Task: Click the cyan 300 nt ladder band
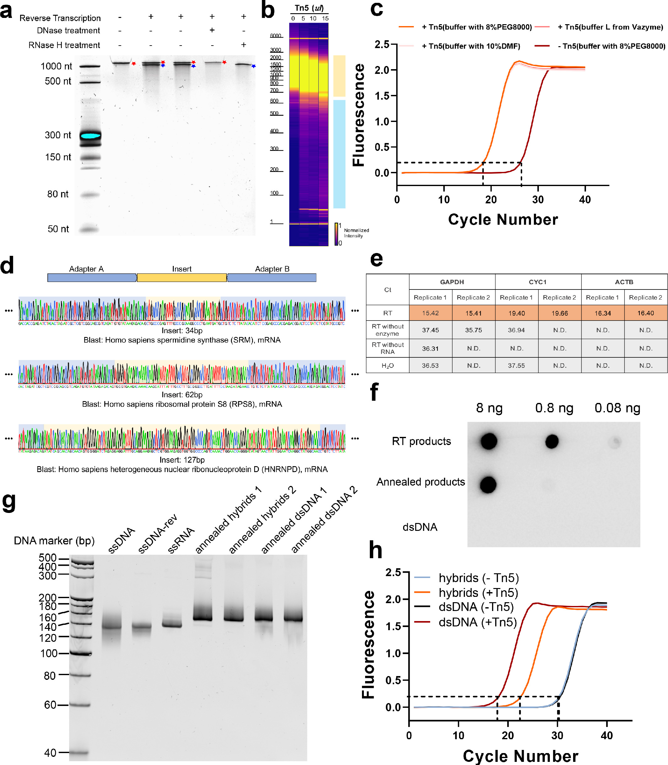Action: click(90, 136)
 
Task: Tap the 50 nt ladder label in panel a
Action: click(58, 229)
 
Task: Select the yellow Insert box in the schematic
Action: click(182, 278)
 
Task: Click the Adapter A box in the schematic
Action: click(92, 278)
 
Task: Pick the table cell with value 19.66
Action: click(560, 313)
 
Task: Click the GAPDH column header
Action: click(452, 282)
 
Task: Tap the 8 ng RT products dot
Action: click(489, 441)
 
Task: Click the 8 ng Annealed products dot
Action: click(488, 485)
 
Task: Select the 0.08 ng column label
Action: click(617, 408)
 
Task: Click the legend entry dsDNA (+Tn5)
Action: click(478, 622)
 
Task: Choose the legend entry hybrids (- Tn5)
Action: click(479, 578)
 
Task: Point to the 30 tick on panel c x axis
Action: click(538, 200)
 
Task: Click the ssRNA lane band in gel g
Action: click(172, 625)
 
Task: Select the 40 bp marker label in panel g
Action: click(50, 753)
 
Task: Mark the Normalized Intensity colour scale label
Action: click(356, 233)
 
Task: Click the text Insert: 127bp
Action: click(182, 460)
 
